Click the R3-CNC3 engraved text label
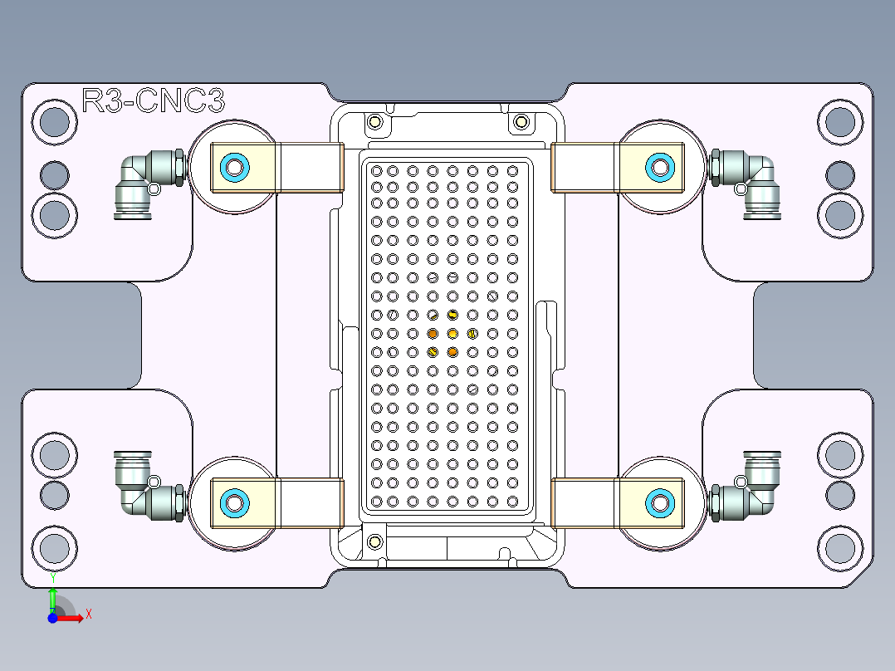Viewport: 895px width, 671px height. pyautogui.click(x=154, y=101)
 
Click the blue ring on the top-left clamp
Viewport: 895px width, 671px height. pyautogui.click(x=234, y=168)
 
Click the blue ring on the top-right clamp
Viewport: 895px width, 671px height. pyautogui.click(x=660, y=168)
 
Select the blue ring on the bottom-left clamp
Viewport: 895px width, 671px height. pyautogui.click(x=234, y=502)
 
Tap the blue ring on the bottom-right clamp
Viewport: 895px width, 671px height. pyautogui.click(x=660, y=502)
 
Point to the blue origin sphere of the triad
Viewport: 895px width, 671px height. pyautogui.click(x=52, y=619)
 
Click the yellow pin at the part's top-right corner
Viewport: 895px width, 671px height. pyautogui.click(x=521, y=123)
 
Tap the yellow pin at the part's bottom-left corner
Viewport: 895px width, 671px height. pyautogui.click(x=374, y=541)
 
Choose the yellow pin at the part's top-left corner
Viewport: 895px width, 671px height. pyautogui.click(x=374, y=123)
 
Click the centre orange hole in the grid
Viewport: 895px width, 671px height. pyautogui.click(x=452, y=334)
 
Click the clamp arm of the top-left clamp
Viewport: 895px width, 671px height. pyautogui.click(x=309, y=168)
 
